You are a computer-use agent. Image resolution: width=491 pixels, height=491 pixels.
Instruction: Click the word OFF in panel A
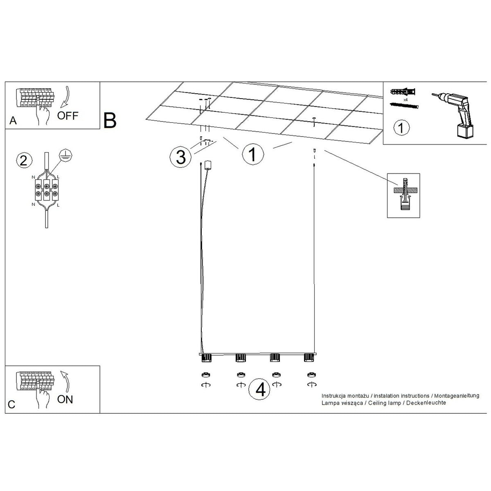68,116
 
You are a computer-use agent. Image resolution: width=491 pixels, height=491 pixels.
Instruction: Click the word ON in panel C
65,399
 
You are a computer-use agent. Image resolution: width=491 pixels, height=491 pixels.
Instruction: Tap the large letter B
110,120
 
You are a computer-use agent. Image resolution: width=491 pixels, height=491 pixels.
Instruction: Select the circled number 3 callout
181,157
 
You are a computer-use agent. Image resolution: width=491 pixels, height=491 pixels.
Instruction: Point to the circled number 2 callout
24,161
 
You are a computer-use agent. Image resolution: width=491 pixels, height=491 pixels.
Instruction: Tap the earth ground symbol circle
65,155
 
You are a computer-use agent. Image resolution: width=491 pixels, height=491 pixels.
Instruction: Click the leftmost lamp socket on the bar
206,358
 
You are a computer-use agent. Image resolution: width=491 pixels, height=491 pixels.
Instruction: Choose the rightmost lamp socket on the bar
309,358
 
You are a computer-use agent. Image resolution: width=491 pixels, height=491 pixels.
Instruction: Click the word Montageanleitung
457,396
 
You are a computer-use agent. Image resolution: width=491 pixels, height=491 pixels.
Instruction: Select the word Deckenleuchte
426,403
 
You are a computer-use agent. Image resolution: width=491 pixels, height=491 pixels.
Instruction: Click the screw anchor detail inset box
403,196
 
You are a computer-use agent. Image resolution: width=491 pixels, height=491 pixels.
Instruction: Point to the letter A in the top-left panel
13,121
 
